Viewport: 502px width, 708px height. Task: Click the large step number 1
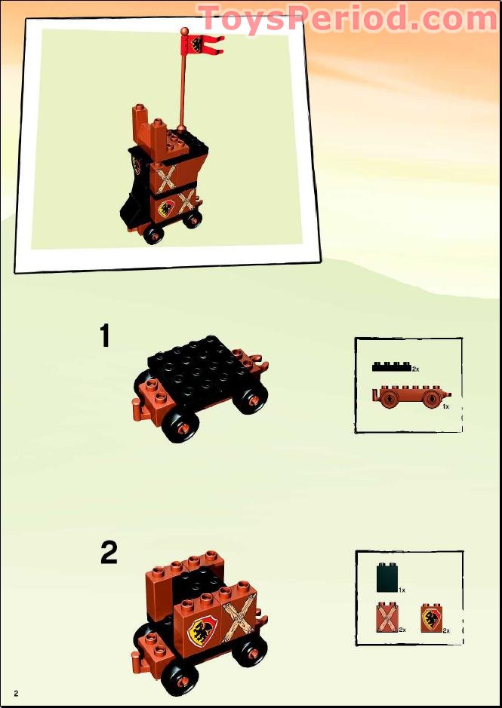(x=105, y=336)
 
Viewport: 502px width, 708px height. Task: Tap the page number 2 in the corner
(x=17, y=693)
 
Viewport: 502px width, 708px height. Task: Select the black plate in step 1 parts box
(x=392, y=366)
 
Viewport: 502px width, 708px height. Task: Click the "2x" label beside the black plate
(x=416, y=369)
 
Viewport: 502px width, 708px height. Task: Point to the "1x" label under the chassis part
(x=445, y=406)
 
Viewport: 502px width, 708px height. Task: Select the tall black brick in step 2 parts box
(x=387, y=577)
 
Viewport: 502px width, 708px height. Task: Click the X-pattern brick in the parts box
(x=387, y=618)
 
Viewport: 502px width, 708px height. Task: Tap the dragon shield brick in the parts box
(x=432, y=618)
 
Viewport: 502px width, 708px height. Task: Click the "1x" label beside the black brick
(x=402, y=590)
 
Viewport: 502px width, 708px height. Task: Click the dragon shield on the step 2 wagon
(x=202, y=629)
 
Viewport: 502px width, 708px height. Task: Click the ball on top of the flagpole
(x=184, y=31)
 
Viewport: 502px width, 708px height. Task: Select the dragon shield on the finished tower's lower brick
(x=165, y=207)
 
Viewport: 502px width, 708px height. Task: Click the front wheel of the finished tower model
(x=153, y=234)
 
